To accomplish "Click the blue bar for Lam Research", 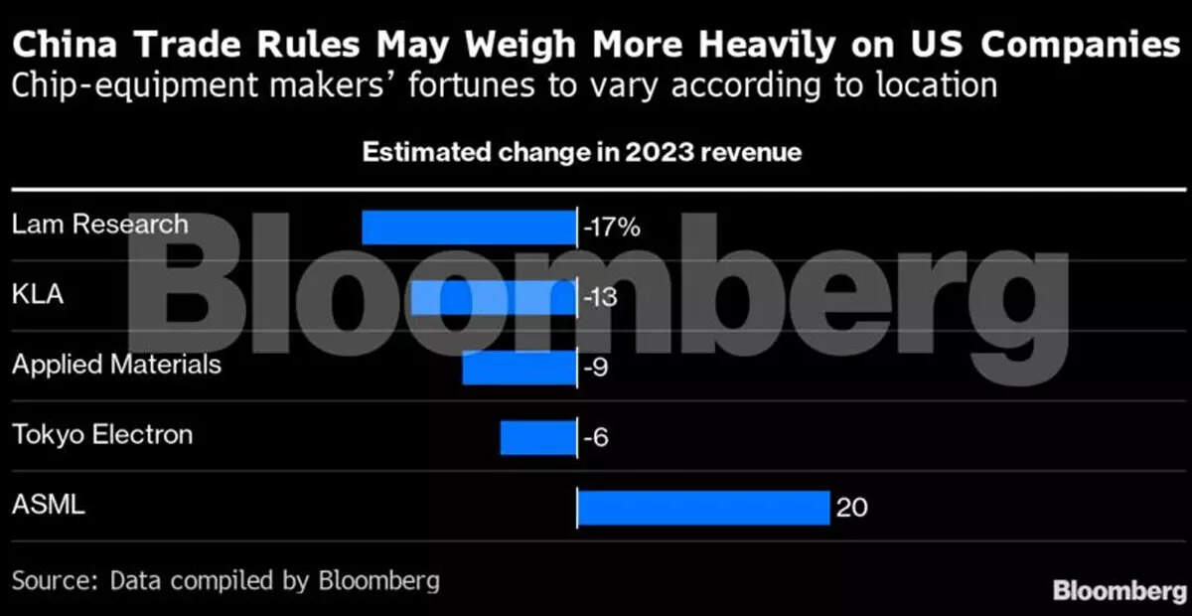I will tap(469, 227).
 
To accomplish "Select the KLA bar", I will tap(494, 297).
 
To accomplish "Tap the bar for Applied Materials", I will tap(520, 368).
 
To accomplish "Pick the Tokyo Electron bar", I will tap(538, 437).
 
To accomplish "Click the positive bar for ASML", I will tap(703, 507).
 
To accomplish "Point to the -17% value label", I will tap(612, 227).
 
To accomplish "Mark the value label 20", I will tap(851, 508).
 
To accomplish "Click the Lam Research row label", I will tap(99, 224).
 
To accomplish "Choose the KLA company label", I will tap(38, 295).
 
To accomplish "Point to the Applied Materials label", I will tap(116, 365).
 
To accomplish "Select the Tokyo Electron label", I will tap(102, 434).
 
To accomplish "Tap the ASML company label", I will tap(49, 505).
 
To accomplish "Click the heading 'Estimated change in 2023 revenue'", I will tap(581, 153).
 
